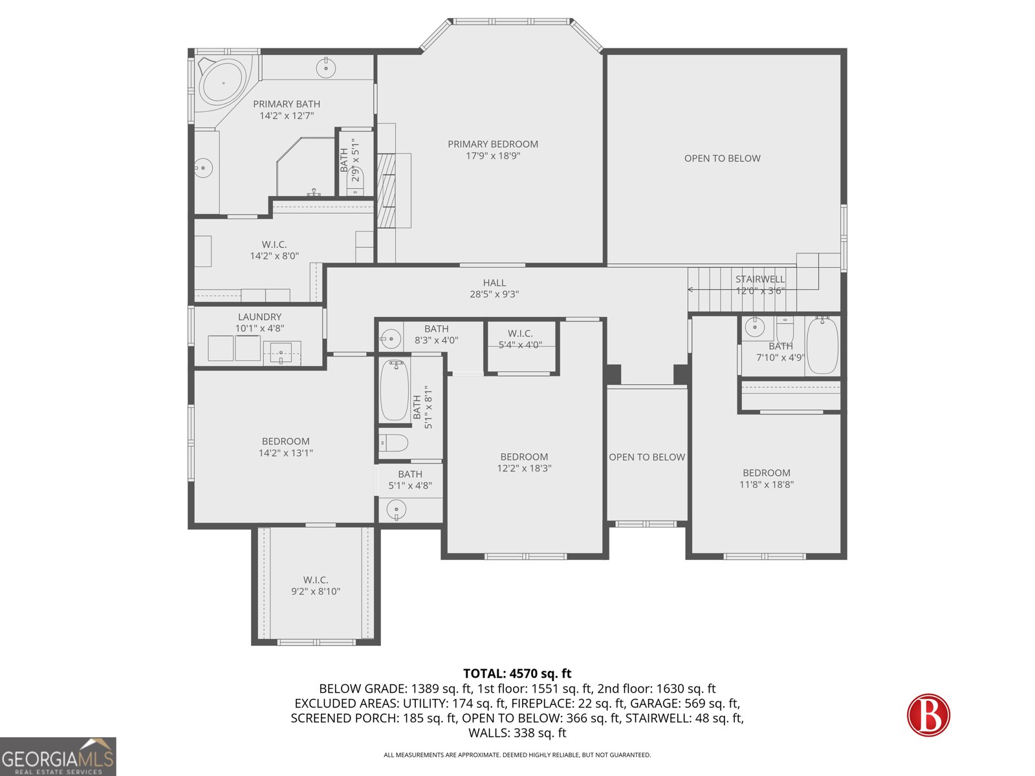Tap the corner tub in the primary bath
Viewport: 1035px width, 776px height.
point(222,83)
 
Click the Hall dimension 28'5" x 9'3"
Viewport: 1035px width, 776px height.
point(494,294)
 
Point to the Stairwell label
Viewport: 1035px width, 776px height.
point(760,279)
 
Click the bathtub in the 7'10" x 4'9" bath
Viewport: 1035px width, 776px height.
point(822,346)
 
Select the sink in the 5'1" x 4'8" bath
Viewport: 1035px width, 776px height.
point(396,510)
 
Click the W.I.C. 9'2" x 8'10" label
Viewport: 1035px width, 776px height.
point(316,585)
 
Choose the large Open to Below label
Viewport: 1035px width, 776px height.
point(722,158)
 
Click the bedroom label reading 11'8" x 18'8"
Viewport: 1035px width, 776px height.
point(767,479)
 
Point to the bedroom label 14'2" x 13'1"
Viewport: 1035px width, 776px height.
point(286,447)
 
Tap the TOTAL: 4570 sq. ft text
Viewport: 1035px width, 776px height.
point(517,674)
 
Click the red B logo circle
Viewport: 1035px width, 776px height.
point(928,715)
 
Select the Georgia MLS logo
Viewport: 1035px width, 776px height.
point(58,757)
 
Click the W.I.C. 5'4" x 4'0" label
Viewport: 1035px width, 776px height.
point(520,339)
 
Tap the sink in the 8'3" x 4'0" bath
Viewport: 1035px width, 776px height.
point(390,338)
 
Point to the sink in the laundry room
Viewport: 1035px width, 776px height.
point(281,353)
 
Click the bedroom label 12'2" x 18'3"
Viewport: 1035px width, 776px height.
point(524,462)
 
